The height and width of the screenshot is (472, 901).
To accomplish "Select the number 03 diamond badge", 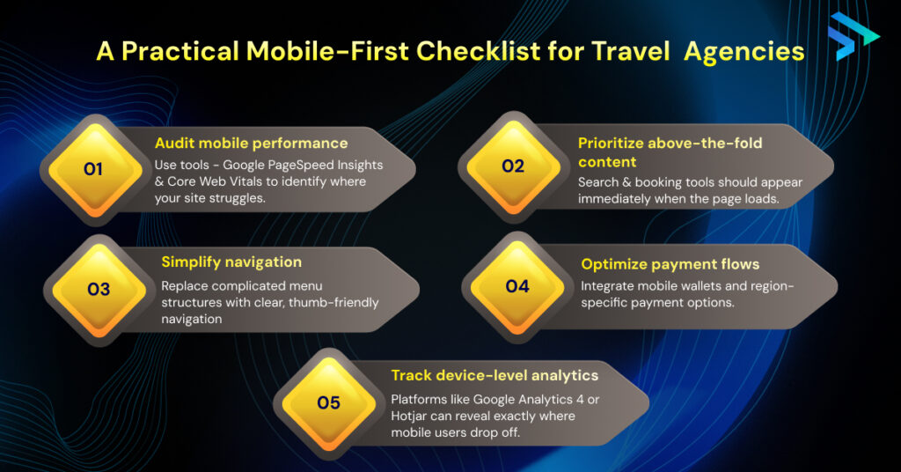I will [x=98, y=289].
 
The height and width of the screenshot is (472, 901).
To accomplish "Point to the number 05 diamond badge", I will [x=328, y=402].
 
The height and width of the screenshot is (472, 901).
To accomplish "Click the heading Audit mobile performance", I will [x=252, y=143].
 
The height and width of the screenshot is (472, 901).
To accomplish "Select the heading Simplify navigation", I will [x=231, y=262].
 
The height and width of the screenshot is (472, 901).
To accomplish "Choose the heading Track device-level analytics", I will [x=494, y=376].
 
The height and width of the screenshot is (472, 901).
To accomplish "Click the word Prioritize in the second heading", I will [x=612, y=143].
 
